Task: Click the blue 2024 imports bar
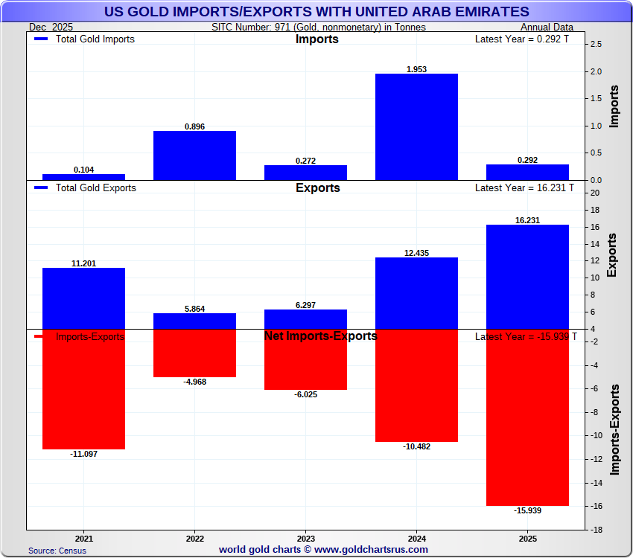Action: tap(416, 126)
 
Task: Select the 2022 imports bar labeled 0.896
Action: tap(194, 155)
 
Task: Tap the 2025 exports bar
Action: tap(527, 277)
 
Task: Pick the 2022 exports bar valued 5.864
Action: tap(194, 321)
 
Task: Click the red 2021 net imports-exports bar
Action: tap(83, 389)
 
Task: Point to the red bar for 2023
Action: tap(305, 359)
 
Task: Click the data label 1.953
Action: tap(416, 69)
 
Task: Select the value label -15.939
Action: tap(527, 510)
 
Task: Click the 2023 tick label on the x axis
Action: tap(305, 537)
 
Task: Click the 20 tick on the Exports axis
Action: tap(594, 193)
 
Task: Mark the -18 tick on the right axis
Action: tap(596, 530)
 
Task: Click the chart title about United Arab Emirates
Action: tap(316, 12)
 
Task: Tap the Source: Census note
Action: tap(57, 551)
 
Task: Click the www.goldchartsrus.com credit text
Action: tap(323, 550)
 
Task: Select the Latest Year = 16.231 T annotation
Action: tap(524, 188)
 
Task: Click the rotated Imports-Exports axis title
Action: tap(614, 429)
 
